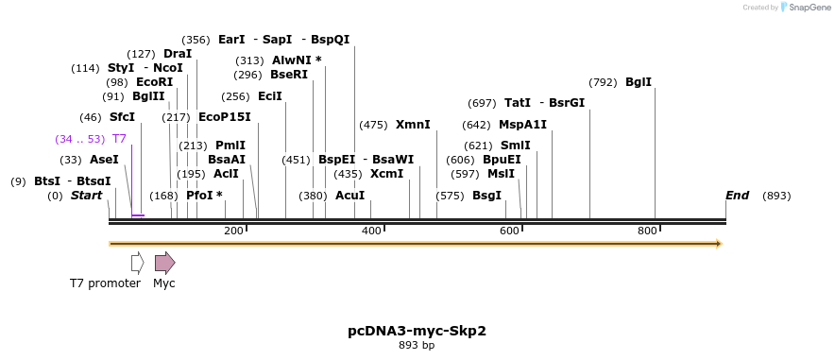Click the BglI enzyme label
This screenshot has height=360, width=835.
pyautogui.click(x=639, y=82)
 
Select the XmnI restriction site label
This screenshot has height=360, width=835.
pyautogui.click(x=413, y=125)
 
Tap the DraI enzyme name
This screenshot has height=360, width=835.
pyautogui.click(x=178, y=54)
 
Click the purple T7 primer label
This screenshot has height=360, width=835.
pyautogui.click(x=119, y=139)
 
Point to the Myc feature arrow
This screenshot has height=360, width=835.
pyautogui.click(x=164, y=263)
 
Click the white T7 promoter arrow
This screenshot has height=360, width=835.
pyautogui.click(x=138, y=263)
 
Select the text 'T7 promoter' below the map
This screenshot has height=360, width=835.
pyautogui.click(x=105, y=283)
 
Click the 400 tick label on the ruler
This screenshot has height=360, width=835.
pyautogui.click(x=371, y=231)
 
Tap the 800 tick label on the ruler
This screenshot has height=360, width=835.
pyautogui.click(x=647, y=231)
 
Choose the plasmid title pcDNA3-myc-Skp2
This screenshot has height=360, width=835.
pyautogui.click(x=417, y=331)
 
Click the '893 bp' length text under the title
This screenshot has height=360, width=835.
pyautogui.click(x=417, y=346)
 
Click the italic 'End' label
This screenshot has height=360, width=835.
pyautogui.click(x=737, y=196)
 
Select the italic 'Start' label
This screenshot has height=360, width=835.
pyautogui.click(x=86, y=196)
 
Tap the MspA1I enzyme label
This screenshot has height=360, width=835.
pyautogui.click(x=522, y=125)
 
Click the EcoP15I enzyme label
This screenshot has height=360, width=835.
pyautogui.click(x=225, y=117)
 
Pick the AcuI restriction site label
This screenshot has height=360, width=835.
pyautogui.click(x=349, y=196)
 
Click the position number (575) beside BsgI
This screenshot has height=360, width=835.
pyautogui.click(x=450, y=196)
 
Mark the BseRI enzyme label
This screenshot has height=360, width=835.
pyautogui.click(x=289, y=75)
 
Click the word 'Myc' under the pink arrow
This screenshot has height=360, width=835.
pyautogui.click(x=164, y=283)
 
